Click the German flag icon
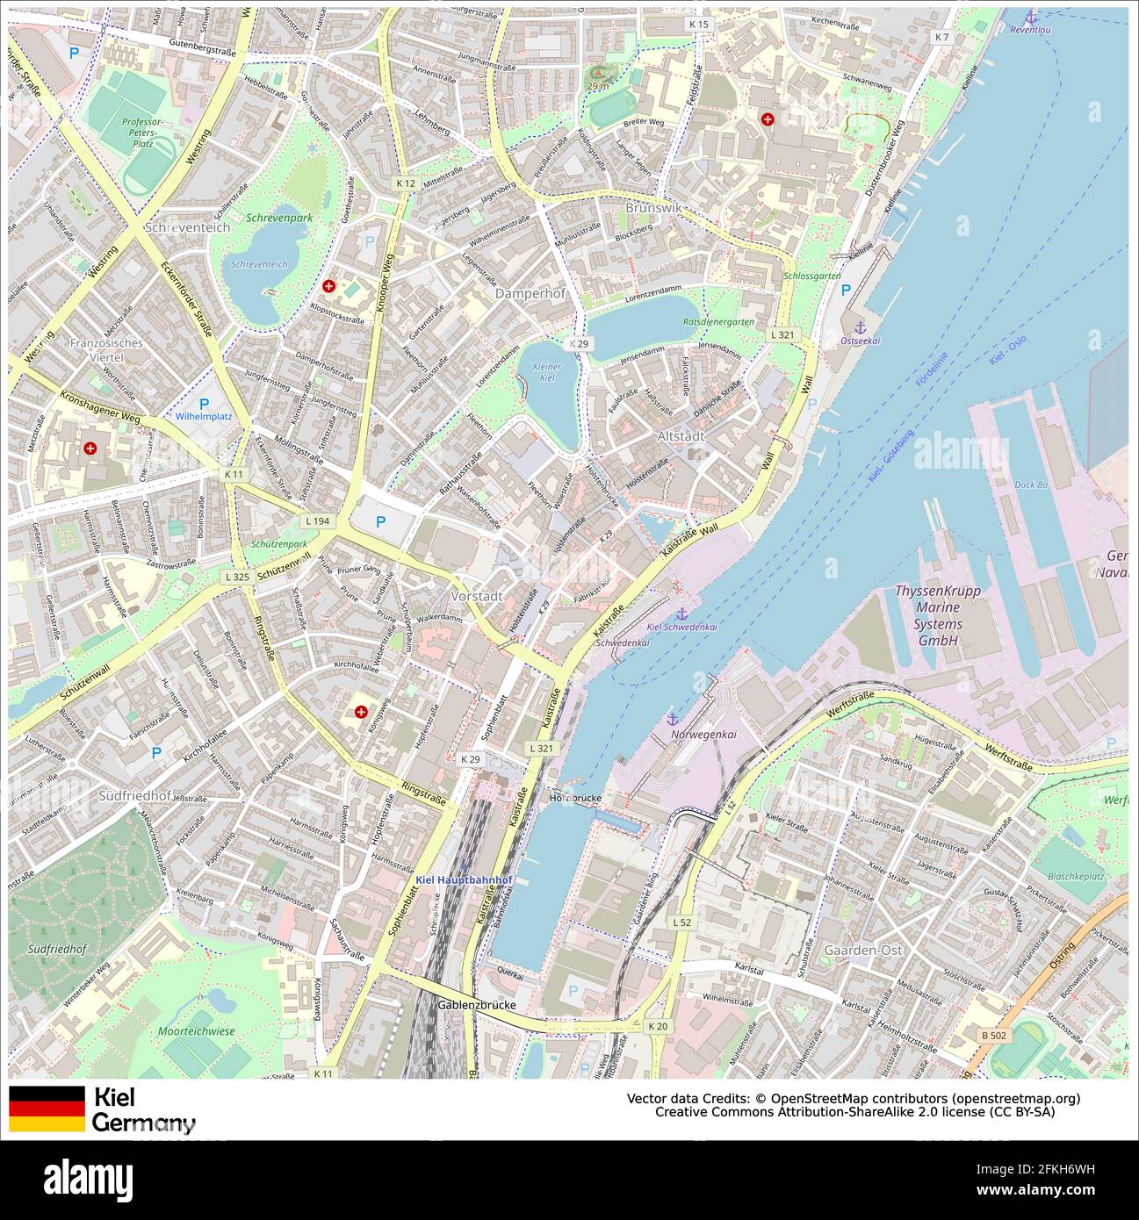click(x=47, y=1109)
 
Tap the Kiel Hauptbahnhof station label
click(x=464, y=879)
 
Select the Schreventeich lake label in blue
click(x=259, y=264)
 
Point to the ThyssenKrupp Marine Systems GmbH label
click(x=938, y=616)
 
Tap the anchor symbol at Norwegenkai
click(x=674, y=720)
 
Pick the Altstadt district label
click(x=681, y=436)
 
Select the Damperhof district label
click(x=530, y=294)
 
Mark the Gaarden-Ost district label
click(x=863, y=950)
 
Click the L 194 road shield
click(x=318, y=521)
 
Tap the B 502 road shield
click(x=994, y=1036)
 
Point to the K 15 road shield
click(x=699, y=24)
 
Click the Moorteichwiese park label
click(x=197, y=1031)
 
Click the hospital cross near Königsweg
click(x=361, y=712)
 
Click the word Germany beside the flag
click(x=144, y=1123)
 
